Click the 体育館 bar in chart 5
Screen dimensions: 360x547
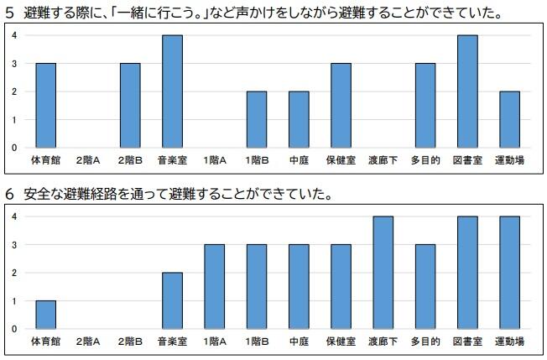tap(45, 105)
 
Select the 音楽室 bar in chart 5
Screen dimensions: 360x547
tap(172, 91)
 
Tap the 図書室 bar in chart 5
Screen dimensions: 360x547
tap(467, 91)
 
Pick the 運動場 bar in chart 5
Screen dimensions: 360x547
tap(509, 119)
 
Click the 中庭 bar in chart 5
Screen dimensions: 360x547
tap(299, 119)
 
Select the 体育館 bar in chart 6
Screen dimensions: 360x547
tap(45, 315)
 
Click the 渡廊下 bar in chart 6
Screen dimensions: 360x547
tap(383, 273)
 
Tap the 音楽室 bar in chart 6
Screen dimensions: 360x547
tap(172, 300)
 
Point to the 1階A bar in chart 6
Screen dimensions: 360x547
tap(214, 287)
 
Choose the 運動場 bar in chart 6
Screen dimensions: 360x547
tap(509, 273)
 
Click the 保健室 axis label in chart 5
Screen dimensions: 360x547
tap(341, 159)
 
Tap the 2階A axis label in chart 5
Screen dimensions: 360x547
tap(88, 159)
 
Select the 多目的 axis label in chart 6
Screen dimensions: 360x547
tap(425, 342)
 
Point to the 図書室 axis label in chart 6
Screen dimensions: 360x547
tap(467, 342)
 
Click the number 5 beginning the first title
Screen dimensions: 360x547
tap(9, 13)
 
